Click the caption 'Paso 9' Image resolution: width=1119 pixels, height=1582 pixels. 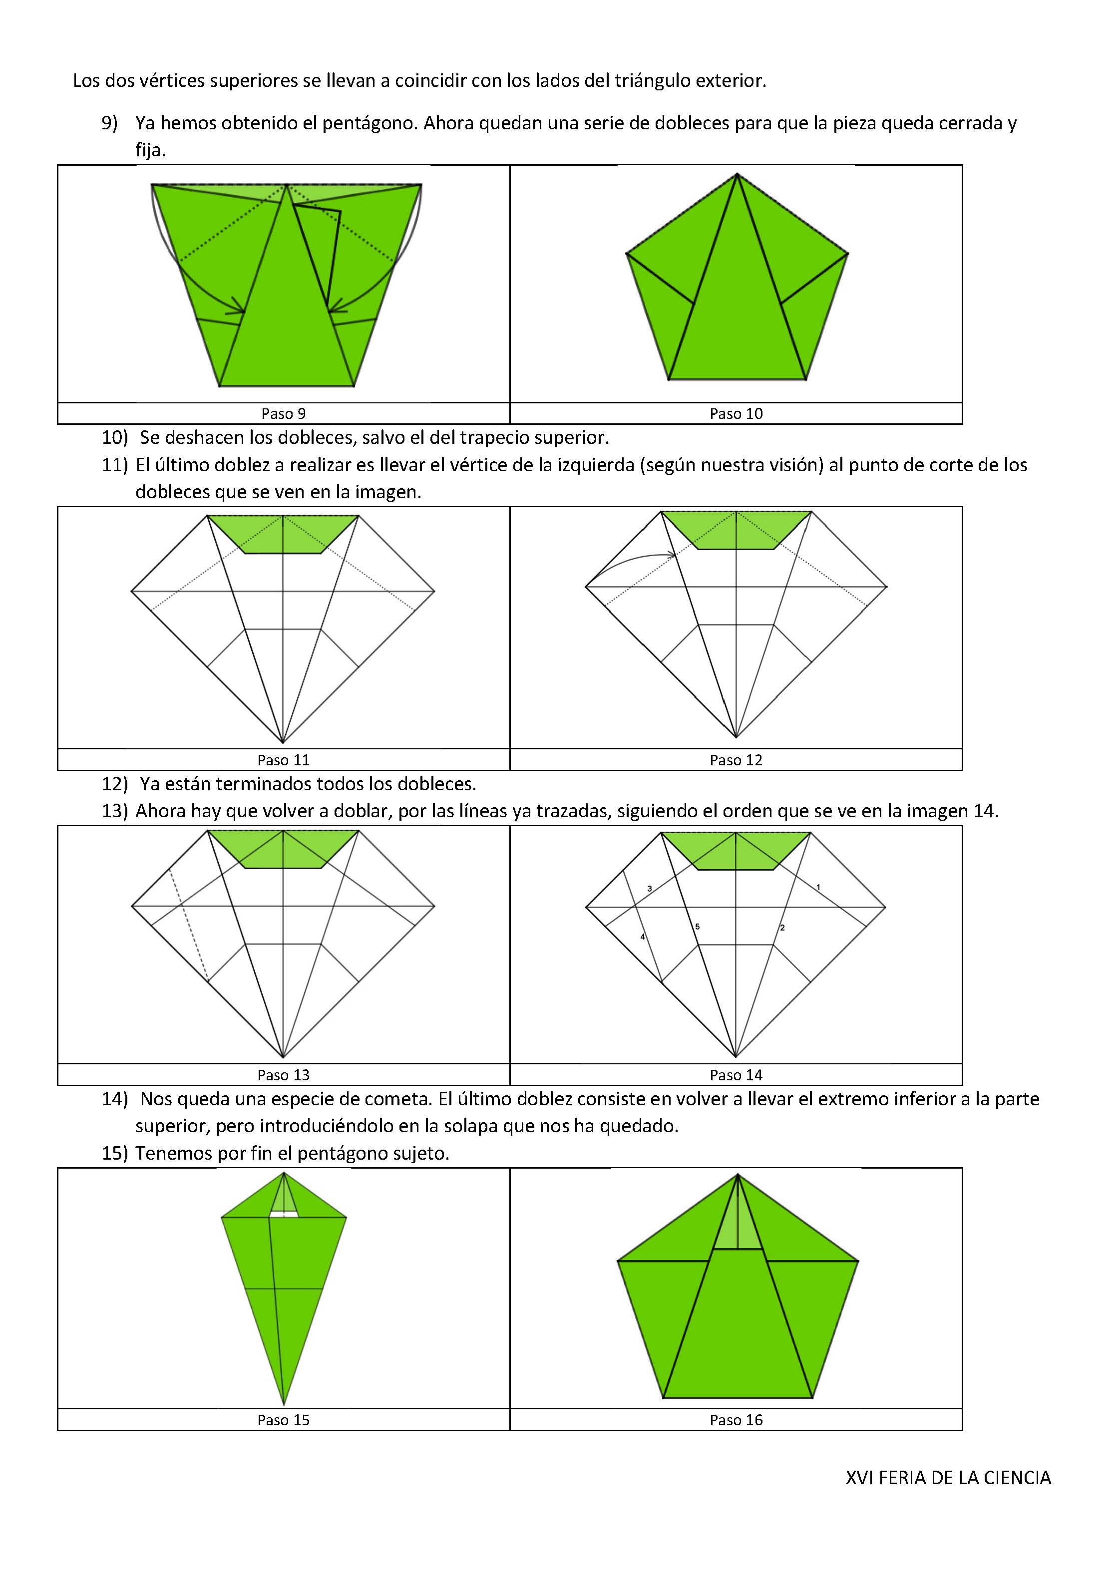[x=283, y=413]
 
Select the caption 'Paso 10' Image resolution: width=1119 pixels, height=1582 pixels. [x=736, y=413]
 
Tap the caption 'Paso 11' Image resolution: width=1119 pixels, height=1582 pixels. [x=283, y=760]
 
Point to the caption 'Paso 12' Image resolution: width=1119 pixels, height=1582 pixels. [x=736, y=760]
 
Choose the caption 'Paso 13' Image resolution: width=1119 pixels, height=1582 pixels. [x=283, y=1075]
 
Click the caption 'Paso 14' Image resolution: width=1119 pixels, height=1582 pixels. [x=736, y=1075]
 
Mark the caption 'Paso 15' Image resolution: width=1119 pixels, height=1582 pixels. [x=283, y=1420]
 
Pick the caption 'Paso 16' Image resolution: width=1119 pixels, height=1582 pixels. [x=736, y=1420]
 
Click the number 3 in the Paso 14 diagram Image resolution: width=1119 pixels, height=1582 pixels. [x=650, y=889]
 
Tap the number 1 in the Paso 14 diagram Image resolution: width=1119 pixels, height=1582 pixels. [x=818, y=887]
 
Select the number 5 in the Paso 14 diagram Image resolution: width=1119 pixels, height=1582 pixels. [x=697, y=927]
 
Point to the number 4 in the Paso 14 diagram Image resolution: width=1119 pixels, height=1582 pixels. [x=642, y=937]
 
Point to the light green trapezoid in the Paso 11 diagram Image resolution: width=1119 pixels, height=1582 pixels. [x=283, y=534]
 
